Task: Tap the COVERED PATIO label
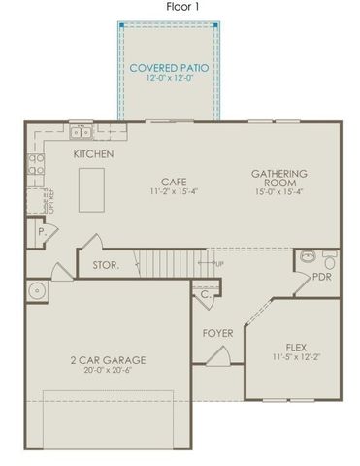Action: click(x=169, y=69)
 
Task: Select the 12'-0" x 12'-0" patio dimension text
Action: click(x=169, y=81)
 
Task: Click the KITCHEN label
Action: click(x=93, y=154)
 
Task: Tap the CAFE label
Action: click(x=175, y=181)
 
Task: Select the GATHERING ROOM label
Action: click(x=279, y=180)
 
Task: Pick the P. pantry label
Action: click(x=42, y=233)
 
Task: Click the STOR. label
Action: click(x=105, y=264)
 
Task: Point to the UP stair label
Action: click(x=217, y=262)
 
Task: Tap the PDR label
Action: click(x=322, y=277)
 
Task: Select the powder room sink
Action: click(x=307, y=257)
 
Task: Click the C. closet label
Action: click(x=206, y=296)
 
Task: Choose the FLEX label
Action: click(x=297, y=347)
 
